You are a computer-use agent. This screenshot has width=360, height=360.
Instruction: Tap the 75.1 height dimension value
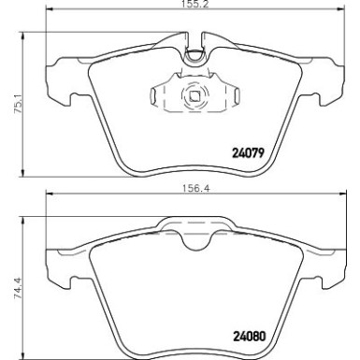tap(8, 102)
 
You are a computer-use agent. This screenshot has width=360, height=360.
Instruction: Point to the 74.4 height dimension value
tap(8, 281)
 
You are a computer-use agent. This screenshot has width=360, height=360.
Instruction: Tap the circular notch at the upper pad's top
tap(194, 55)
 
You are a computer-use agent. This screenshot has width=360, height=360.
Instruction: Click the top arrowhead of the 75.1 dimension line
tap(19, 35)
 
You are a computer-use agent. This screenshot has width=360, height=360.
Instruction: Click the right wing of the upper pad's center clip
tap(233, 94)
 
